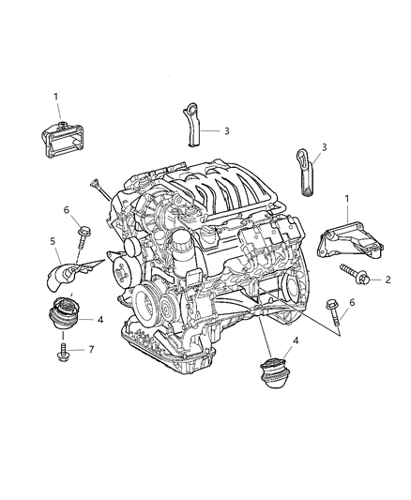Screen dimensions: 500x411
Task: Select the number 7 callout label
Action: click(90, 350)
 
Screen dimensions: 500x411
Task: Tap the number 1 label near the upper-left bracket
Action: click(55, 96)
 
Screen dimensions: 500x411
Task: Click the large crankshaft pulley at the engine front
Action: click(149, 302)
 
